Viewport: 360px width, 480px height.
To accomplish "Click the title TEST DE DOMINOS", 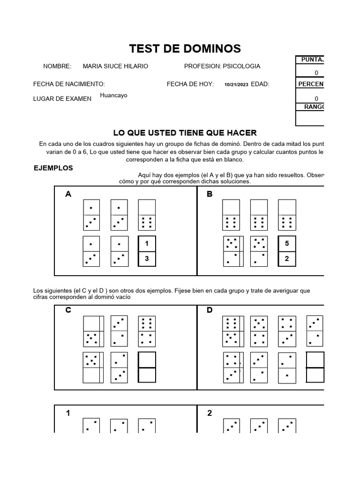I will pos(185,48).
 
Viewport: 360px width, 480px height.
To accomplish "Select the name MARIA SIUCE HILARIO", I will pos(115,67).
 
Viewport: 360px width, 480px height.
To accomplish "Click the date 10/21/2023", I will pos(237,84).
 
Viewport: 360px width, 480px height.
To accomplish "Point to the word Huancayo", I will pos(113,96).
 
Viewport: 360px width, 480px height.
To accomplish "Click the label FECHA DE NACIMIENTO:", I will pos(69,84).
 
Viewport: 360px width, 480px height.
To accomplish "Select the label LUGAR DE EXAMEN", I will pos(62,99).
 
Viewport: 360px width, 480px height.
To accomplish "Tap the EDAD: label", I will pos(260,84).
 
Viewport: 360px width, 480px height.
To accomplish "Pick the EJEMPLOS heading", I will pos(53,168).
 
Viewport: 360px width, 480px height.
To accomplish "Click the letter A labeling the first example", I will pos(68,194).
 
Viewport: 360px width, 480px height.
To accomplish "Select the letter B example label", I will pos(210,194).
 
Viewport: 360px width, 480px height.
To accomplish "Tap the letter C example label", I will pos(68,310).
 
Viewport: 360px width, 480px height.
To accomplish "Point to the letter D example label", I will pos(210,310).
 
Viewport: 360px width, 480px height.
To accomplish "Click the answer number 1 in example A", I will pos(147,244).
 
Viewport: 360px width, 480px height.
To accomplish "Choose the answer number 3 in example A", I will pos(147,258).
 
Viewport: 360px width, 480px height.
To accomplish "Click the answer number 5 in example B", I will pos(287,244).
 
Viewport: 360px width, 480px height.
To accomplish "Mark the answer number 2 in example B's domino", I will pos(287,258).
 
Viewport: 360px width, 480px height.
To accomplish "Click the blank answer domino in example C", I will pos(147,367).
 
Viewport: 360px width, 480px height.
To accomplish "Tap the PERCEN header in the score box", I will pos(311,84).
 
